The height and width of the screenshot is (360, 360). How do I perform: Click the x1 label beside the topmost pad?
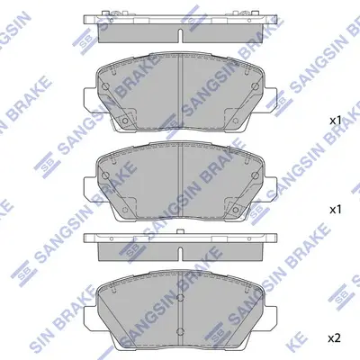click(x=336, y=121)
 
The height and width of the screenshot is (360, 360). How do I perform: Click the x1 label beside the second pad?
click(x=336, y=210)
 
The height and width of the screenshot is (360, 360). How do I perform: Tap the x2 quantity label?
click(x=335, y=338)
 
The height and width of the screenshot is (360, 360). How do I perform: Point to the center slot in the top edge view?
click(x=180, y=35)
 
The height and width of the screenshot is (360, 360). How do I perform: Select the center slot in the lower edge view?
click(x=180, y=254)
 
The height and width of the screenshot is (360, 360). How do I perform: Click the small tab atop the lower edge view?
click(x=180, y=231)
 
